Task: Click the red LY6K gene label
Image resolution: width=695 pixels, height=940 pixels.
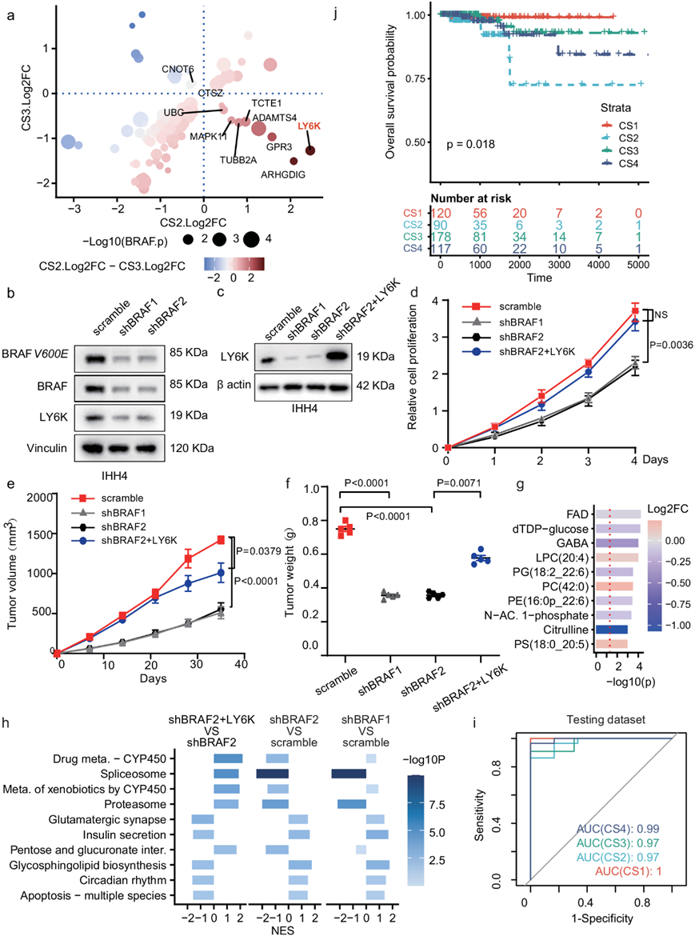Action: (x=310, y=126)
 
